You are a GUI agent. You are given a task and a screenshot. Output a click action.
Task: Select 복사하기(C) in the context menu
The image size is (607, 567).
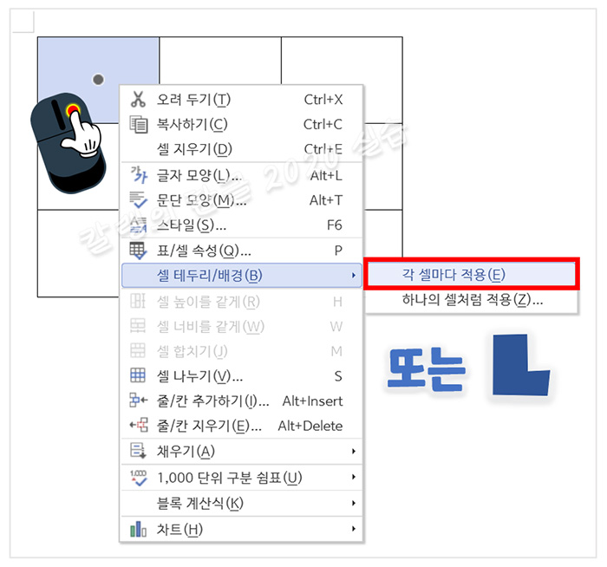192,124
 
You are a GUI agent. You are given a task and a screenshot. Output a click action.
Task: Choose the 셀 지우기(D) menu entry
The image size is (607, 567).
194,149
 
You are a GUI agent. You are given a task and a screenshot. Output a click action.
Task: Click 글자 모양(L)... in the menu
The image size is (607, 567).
199,176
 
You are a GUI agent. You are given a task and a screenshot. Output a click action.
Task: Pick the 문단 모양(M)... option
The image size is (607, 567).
200,200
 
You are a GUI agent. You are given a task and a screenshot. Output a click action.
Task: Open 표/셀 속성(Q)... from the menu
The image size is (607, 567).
204,251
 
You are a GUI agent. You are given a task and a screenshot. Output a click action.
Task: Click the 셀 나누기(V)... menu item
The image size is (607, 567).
199,376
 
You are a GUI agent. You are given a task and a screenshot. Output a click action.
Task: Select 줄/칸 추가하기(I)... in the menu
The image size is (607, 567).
213,401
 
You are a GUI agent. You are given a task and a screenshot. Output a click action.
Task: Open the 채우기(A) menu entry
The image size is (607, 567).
186,452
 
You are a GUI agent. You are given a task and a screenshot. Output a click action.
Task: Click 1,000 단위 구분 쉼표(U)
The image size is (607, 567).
230,478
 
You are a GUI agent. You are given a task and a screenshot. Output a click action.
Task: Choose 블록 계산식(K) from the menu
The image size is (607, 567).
200,504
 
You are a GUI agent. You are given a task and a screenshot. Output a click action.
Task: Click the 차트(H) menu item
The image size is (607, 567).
179,529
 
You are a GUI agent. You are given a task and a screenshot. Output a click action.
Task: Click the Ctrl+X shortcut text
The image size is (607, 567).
323,100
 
